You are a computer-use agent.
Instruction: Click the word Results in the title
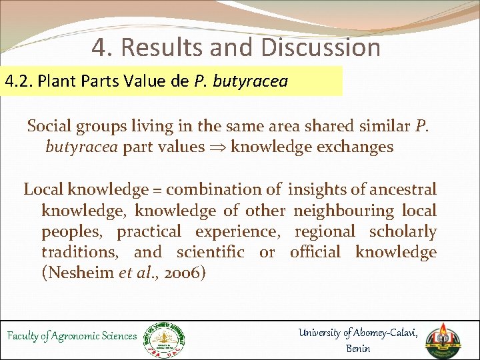point(167,47)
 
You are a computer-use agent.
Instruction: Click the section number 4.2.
point(19,82)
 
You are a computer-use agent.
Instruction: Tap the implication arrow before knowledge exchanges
point(219,147)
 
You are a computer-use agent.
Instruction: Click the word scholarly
point(403,232)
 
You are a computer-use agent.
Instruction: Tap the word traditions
point(82,252)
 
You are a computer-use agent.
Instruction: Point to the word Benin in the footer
point(358,348)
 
